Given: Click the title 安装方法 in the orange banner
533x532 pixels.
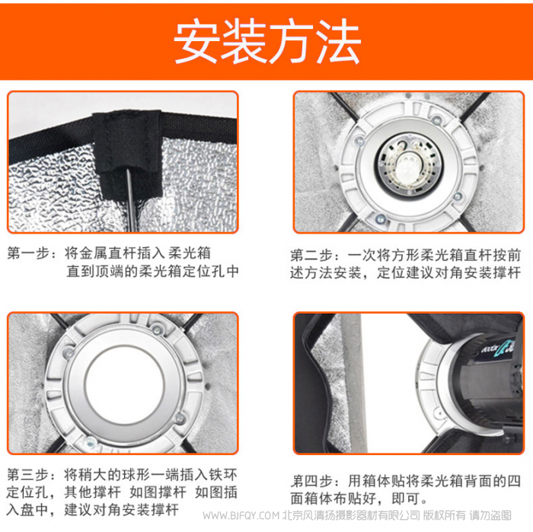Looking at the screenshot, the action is (x=267, y=41).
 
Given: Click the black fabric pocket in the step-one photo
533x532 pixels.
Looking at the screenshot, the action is (x=127, y=155).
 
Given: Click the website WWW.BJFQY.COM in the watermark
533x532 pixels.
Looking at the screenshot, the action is (x=241, y=516).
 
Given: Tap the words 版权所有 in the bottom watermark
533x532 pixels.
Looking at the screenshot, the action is (x=444, y=516).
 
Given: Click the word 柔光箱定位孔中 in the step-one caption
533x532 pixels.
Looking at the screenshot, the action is (x=188, y=271).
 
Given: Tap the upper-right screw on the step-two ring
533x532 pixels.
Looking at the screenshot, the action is (x=437, y=119).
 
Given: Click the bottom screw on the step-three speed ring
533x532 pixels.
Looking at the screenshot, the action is (x=90, y=442).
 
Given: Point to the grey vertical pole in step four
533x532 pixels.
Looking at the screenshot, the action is (x=353, y=383).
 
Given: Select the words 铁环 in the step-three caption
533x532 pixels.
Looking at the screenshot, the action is (x=223, y=475).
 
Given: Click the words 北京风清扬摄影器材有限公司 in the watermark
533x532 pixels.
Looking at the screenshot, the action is (x=352, y=516).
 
